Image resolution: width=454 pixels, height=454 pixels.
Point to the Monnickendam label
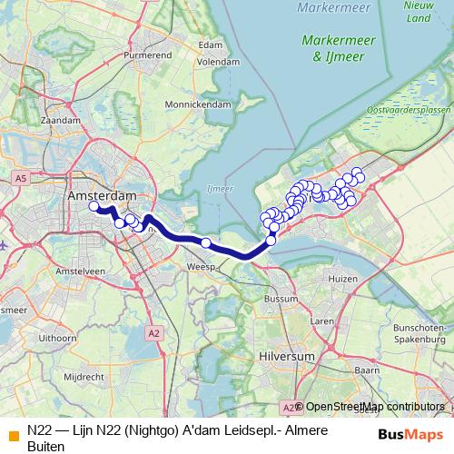(x=202, y=104)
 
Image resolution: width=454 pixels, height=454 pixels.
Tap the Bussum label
(x=281, y=298)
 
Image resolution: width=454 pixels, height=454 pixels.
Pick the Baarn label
(x=366, y=370)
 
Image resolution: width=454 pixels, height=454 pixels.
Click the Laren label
(x=322, y=321)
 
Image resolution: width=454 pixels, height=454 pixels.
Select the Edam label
(x=210, y=44)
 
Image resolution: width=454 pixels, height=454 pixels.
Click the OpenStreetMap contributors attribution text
(x=374, y=407)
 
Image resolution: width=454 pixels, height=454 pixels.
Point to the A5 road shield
(x=20, y=178)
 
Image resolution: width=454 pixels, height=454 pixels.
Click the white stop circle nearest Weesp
(x=206, y=242)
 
